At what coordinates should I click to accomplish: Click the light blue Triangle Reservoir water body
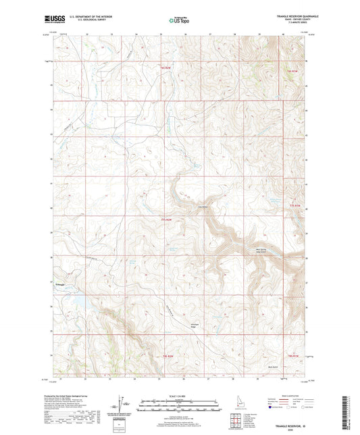point(76,300)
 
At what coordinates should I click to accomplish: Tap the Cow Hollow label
point(201,207)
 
